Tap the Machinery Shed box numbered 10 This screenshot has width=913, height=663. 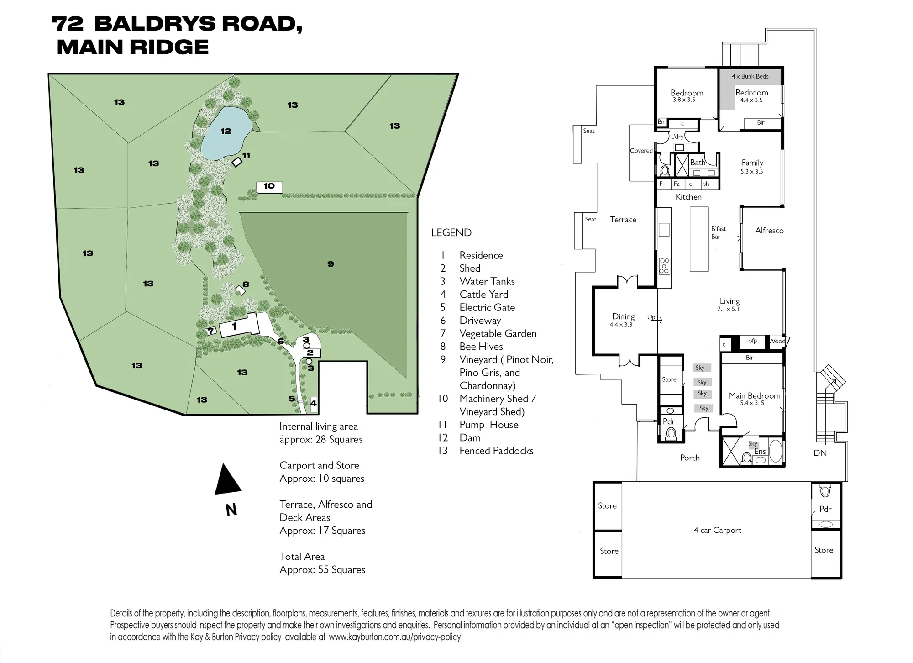269,187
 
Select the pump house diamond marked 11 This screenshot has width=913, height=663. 237,162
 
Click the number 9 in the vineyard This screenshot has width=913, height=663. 331,264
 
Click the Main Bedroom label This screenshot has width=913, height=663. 755,396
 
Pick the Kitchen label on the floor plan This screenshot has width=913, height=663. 688,197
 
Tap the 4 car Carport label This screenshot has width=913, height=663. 718,530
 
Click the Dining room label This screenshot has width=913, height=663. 623,316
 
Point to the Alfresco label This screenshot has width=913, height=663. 769,231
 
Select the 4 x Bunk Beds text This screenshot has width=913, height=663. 750,76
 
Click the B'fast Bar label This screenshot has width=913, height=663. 718,232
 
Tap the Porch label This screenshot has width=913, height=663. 690,458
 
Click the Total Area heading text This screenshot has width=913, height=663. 302,557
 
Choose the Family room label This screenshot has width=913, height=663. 752,163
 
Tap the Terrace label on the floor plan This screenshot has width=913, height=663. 623,220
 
